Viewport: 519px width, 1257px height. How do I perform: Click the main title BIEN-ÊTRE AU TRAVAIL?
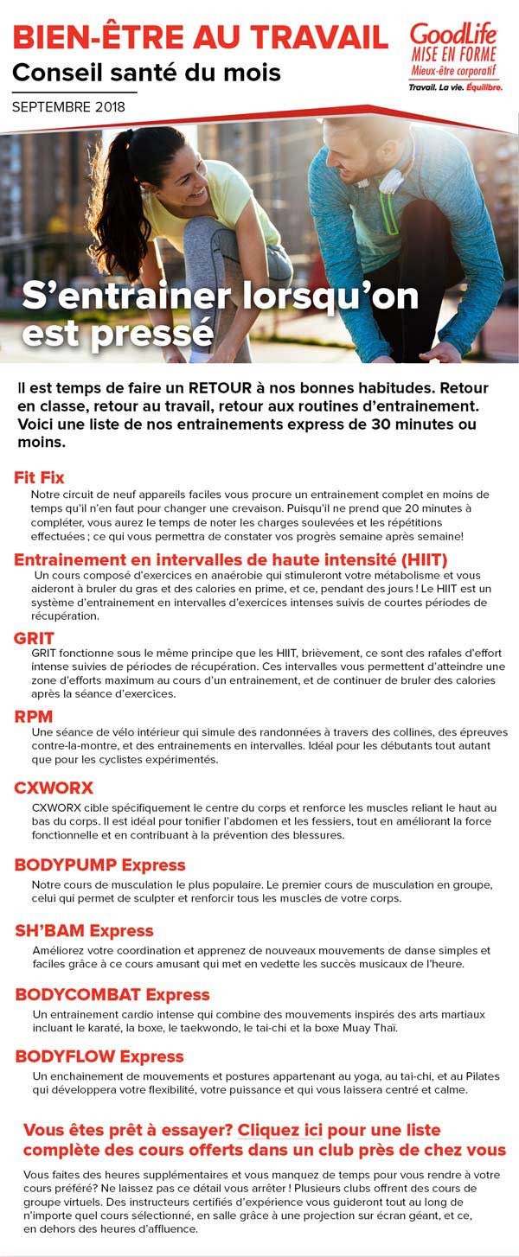point(200,36)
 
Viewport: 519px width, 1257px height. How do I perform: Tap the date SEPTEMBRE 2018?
point(68,107)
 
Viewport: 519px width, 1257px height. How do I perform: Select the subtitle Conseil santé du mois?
point(146,73)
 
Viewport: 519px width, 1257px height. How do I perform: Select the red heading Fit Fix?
point(39,477)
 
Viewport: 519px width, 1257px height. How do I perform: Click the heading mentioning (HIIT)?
point(230,559)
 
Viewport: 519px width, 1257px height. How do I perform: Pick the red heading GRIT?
point(34,638)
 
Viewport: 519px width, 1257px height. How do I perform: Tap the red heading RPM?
point(34,716)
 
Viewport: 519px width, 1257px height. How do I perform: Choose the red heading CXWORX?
point(54,788)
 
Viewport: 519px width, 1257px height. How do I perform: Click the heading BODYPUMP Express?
point(100,865)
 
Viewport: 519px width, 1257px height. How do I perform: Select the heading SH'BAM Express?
point(84,930)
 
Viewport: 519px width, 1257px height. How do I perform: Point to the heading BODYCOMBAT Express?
point(112,995)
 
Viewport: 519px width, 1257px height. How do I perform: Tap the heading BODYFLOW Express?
point(99,1056)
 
